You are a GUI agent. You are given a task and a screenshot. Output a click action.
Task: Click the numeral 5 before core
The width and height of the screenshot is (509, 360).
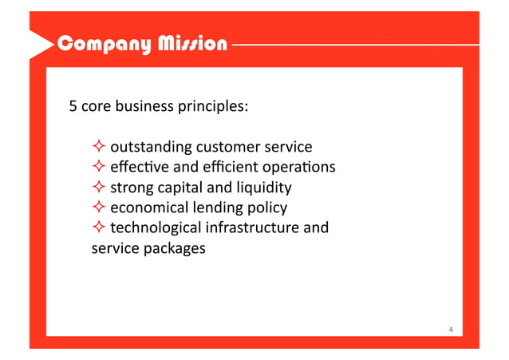[73, 105]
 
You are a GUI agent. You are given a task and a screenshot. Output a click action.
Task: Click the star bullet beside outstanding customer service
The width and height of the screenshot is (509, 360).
[98, 147]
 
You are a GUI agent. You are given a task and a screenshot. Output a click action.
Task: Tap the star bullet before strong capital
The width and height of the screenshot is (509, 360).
[98, 188]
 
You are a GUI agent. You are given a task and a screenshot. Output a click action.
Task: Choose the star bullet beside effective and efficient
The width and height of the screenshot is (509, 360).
[98, 168]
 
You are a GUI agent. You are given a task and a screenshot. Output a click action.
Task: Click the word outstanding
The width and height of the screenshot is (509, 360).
[150, 148]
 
